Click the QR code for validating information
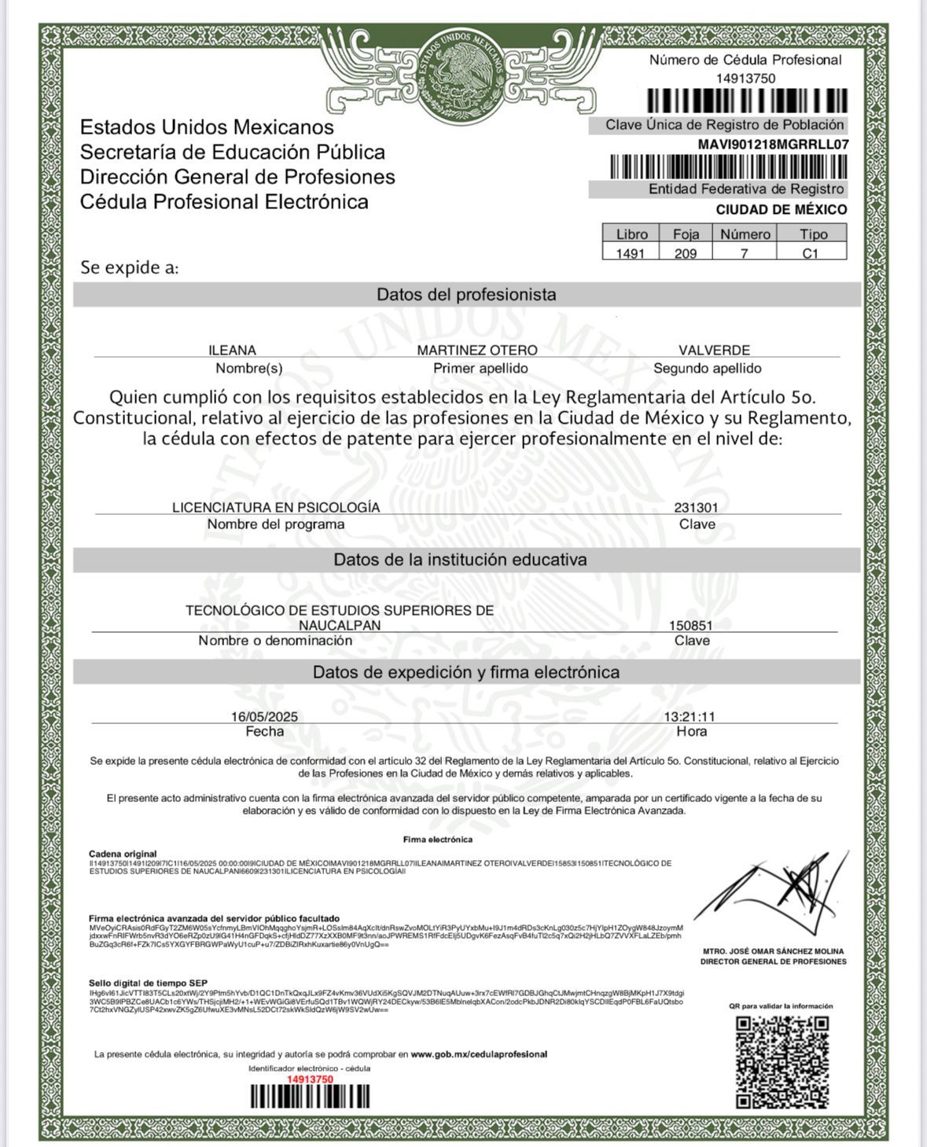(x=782, y=1062)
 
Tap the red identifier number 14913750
(x=310, y=1079)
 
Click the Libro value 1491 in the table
(x=630, y=253)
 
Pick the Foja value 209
(x=685, y=253)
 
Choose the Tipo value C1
(x=811, y=253)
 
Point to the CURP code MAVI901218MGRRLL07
(x=773, y=145)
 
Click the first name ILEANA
(x=232, y=350)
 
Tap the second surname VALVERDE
(x=714, y=350)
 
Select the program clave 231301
(x=696, y=508)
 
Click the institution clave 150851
(x=691, y=625)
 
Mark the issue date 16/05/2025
(x=264, y=716)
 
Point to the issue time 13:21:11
(x=690, y=716)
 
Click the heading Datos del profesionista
(x=466, y=295)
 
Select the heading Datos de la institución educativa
(x=460, y=560)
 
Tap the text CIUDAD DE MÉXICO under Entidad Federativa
(x=781, y=209)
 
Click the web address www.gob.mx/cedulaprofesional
(x=479, y=1054)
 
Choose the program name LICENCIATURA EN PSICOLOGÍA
(x=276, y=508)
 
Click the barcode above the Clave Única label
(x=747, y=101)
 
